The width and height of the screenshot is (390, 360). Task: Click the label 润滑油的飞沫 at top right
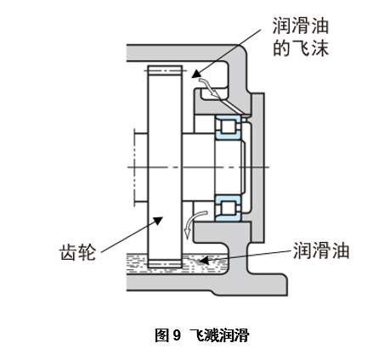pos(299,36)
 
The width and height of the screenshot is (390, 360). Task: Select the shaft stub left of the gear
pos(139,167)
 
